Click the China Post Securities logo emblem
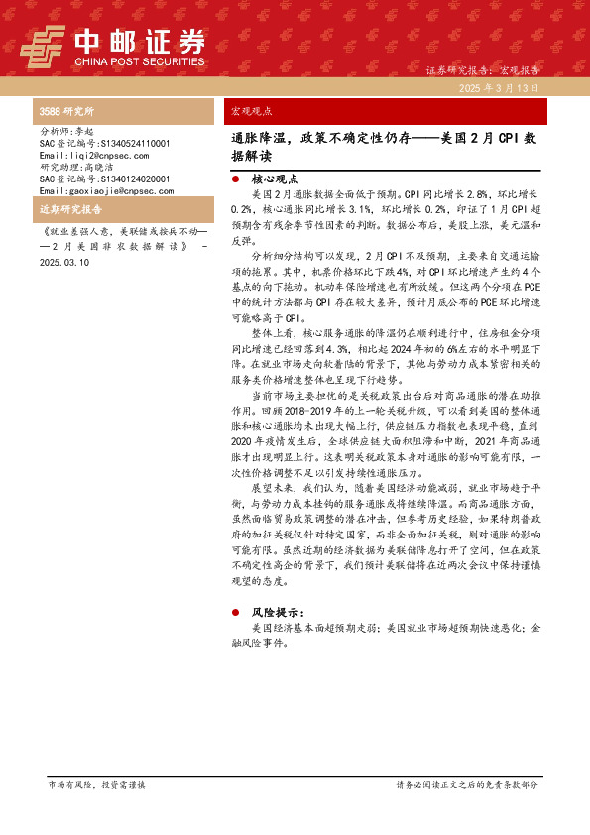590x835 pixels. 45,45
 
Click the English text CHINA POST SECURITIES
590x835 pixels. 140,61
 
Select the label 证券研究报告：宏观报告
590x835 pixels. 482,71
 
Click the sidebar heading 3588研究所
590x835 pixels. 66,112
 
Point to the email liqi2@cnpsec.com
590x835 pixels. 93,156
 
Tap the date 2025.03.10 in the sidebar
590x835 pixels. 65,263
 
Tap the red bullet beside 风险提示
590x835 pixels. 234,613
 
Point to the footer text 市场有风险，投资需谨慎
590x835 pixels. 96,784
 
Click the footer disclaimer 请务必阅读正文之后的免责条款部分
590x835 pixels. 467,784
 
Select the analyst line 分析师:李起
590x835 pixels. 66,131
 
